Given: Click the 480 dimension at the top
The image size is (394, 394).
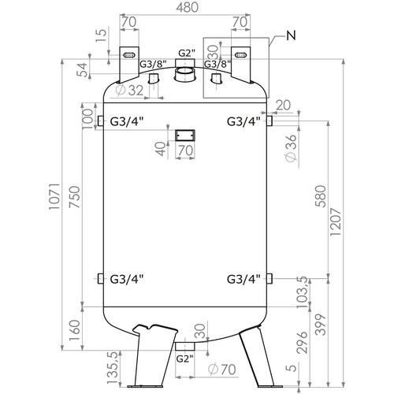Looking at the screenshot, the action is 187,8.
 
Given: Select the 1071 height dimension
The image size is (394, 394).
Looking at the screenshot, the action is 55,196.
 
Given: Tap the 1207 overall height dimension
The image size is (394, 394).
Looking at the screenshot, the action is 336,222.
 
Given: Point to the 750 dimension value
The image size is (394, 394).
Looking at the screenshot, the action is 74,197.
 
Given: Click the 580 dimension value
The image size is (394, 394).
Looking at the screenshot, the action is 321,196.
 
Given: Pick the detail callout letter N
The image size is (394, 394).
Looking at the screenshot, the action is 291,35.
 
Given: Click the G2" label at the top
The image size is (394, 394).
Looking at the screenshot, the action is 187,53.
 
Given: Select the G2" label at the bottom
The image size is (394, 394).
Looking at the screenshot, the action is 184,359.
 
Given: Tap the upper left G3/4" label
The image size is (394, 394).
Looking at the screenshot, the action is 127,121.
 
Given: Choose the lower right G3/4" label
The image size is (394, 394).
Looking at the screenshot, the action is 243,279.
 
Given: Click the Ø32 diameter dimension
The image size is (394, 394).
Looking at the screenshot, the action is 129,91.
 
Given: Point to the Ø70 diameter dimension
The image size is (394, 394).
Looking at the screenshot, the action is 222,370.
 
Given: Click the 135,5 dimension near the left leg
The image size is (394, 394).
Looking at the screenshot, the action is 113,368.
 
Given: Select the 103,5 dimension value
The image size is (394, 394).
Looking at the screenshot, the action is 302,292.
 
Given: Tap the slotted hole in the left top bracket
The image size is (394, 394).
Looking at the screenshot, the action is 129,55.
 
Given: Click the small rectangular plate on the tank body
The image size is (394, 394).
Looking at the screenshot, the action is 185,136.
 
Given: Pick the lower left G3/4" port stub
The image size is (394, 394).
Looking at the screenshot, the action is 101,279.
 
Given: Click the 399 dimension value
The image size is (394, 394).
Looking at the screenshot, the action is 321,325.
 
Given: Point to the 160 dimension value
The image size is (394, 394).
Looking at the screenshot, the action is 74,330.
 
